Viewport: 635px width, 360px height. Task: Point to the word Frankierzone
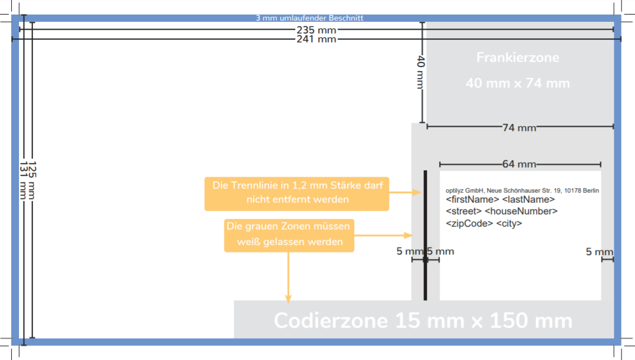point(517,57)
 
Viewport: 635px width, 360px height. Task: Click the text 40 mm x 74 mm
point(517,83)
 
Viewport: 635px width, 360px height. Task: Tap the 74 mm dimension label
point(519,128)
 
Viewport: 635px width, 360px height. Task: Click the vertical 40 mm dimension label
point(421,72)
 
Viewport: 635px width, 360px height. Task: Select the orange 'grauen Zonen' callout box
point(289,234)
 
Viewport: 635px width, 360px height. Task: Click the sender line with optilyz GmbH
point(522,190)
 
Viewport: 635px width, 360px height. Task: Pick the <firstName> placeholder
point(472,199)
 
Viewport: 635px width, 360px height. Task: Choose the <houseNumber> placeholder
point(521,212)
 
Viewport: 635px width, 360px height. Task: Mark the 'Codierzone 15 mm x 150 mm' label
point(423,320)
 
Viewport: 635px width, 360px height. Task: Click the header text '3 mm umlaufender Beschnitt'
point(309,18)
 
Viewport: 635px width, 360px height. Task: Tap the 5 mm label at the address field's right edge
point(599,252)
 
